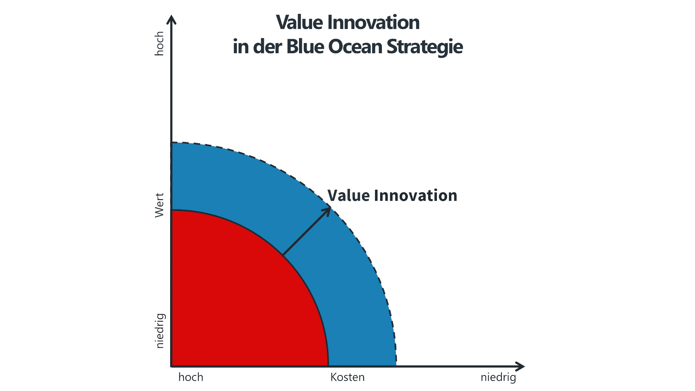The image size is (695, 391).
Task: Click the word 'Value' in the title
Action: click(x=300, y=22)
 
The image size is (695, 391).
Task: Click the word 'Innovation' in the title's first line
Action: click(x=374, y=22)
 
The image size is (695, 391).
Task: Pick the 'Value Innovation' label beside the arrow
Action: click(x=392, y=195)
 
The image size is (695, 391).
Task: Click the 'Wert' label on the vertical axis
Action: click(x=159, y=205)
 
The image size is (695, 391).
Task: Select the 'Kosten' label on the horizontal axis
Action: click(x=347, y=377)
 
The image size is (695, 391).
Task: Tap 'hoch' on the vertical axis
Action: click(x=159, y=43)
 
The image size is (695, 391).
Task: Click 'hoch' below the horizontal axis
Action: click(x=191, y=377)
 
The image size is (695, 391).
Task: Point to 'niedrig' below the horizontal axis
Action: click(x=498, y=378)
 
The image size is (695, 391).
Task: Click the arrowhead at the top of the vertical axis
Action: click(x=172, y=16)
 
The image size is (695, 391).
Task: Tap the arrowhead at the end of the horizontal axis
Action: click(x=524, y=367)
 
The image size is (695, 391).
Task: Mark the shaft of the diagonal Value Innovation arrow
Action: click(x=306, y=232)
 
